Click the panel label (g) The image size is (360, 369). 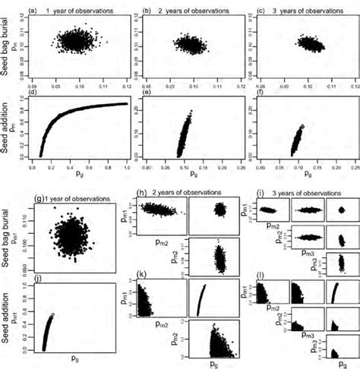[x=40, y=198]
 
